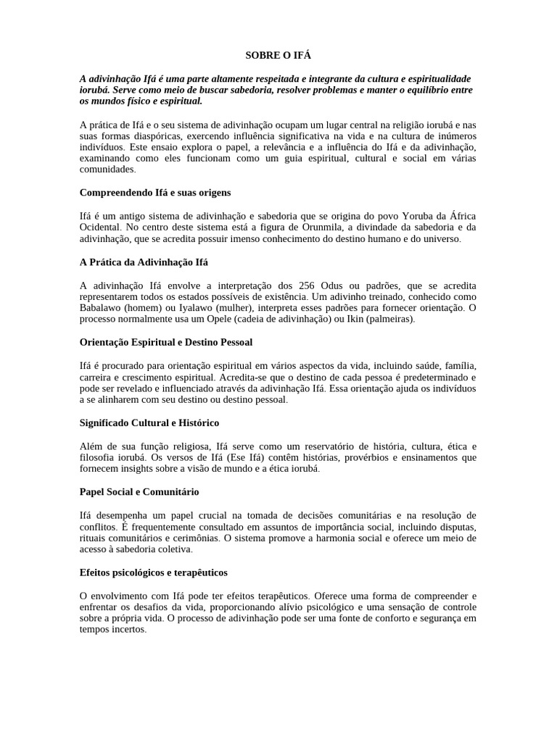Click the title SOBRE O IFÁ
point(278,55)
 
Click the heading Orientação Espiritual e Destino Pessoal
point(165,341)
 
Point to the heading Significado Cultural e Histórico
point(149,422)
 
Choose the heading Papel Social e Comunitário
point(139,491)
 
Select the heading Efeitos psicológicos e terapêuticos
point(153,572)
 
